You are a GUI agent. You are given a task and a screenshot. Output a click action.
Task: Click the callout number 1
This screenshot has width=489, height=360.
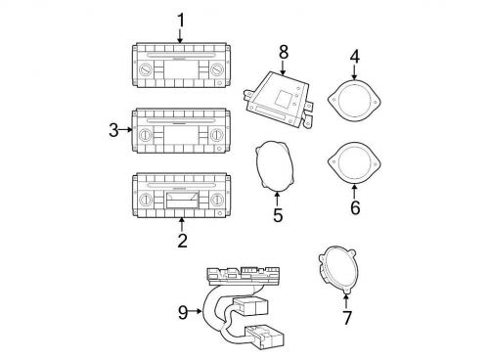pyautogui.click(x=181, y=21)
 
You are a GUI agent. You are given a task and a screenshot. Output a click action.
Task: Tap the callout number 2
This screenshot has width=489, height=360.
pyautogui.click(x=182, y=241)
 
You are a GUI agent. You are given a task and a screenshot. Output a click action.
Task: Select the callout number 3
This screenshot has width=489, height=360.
pyautogui.click(x=113, y=130)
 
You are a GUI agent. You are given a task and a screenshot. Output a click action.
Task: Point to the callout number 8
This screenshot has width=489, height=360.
pyautogui.click(x=284, y=52)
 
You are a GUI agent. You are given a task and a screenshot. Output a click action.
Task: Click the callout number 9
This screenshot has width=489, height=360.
pyautogui.click(x=183, y=312)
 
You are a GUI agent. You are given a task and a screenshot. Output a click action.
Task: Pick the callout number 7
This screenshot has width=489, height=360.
pyautogui.click(x=347, y=318)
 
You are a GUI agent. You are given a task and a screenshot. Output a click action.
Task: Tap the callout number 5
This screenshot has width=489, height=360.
pyautogui.click(x=278, y=215)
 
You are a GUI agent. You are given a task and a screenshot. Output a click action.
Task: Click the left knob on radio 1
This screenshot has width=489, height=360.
pyautogui.click(x=145, y=69)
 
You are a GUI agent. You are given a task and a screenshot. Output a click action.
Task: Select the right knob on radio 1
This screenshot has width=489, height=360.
pyautogui.click(x=216, y=69)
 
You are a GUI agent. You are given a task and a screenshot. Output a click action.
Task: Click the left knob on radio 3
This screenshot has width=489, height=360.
pyautogui.click(x=146, y=135)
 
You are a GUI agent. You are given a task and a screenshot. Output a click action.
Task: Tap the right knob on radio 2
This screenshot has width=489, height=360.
pyautogui.click(x=217, y=200)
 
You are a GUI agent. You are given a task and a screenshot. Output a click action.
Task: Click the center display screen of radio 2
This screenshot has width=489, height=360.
pyautogui.click(x=182, y=201)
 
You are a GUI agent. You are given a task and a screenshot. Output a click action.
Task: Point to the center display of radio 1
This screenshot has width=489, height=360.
pyautogui.click(x=181, y=69)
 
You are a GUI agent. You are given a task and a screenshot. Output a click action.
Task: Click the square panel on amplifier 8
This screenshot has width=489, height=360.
pyautogui.click(x=283, y=98)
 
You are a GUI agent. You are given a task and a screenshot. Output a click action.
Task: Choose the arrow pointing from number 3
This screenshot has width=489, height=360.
pyautogui.click(x=125, y=130)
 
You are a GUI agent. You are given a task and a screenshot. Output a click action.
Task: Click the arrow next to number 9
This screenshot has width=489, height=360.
pyautogui.click(x=196, y=311)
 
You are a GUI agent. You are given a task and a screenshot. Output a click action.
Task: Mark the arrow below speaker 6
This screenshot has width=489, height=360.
pyautogui.click(x=354, y=192)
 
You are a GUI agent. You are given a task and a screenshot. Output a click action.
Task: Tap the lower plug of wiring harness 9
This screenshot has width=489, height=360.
pyautogui.click(x=265, y=337)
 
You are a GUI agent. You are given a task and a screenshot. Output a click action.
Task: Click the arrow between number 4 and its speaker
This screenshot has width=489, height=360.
pyautogui.click(x=354, y=71)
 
